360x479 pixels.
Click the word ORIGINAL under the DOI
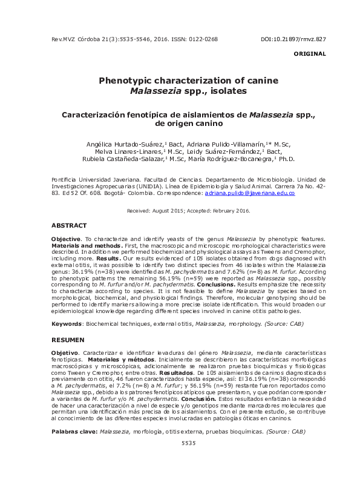click(310, 54)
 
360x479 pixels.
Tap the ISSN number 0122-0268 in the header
click(202, 39)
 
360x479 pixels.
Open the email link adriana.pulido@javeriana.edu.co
click(249, 193)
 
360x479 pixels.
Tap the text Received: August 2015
click(154, 210)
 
